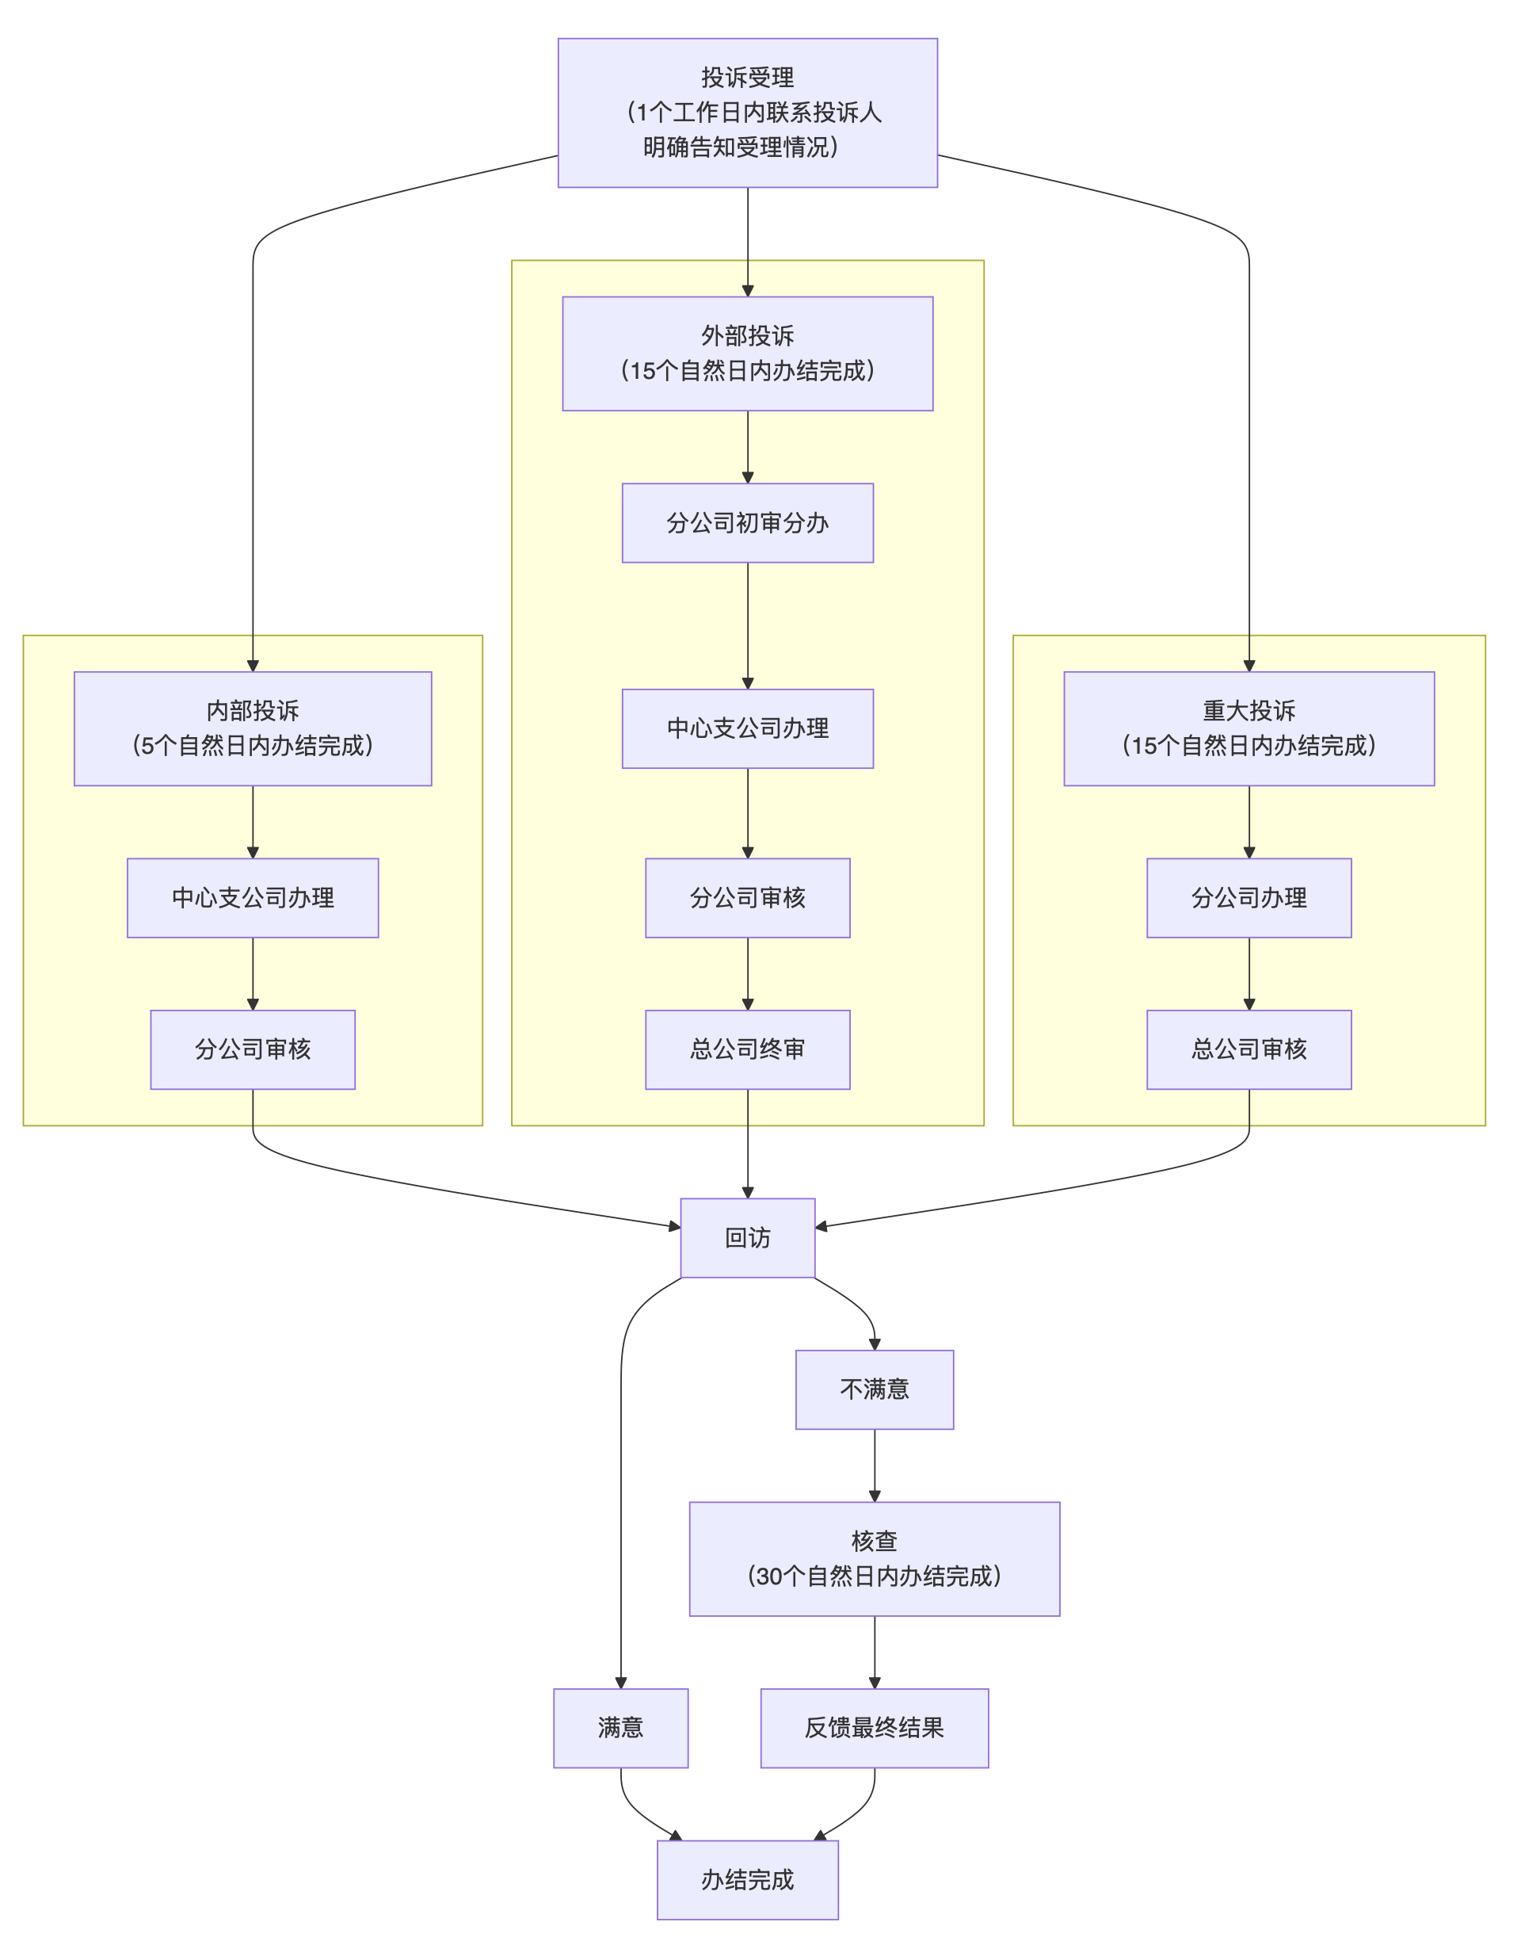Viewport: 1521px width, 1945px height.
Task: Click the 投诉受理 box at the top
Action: (747, 113)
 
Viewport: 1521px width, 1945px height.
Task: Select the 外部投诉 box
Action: (747, 353)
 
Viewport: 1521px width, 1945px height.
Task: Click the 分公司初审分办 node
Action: (747, 522)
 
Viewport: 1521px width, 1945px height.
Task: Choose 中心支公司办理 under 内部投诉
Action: (252, 897)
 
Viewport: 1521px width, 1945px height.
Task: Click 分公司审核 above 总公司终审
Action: (747, 897)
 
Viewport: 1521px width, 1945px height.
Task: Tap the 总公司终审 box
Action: (747, 1049)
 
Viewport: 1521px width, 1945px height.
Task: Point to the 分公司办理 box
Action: (1248, 897)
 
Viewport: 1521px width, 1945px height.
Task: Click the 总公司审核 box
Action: (1248, 1049)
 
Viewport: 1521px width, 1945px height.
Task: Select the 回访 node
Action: (747, 1236)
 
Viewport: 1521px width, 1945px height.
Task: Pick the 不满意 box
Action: (874, 1389)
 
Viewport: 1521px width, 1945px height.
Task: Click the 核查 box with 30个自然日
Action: (874, 1558)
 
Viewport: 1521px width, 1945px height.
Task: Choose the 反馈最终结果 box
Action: (874, 1728)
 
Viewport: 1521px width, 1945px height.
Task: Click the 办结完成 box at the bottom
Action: (747, 1879)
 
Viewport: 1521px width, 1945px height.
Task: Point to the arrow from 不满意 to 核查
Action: (874, 1465)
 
